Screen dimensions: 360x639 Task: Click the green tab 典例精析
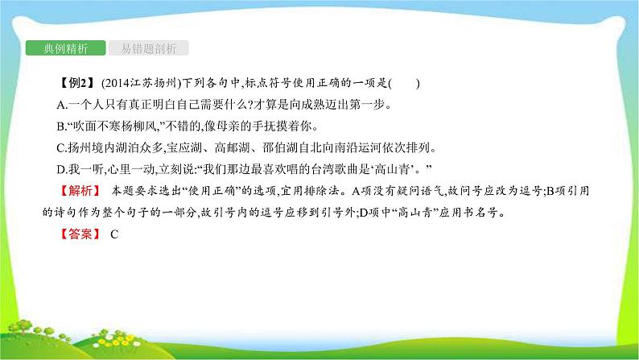64,48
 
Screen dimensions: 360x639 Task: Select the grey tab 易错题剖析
148,48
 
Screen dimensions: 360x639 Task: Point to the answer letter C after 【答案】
113,234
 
